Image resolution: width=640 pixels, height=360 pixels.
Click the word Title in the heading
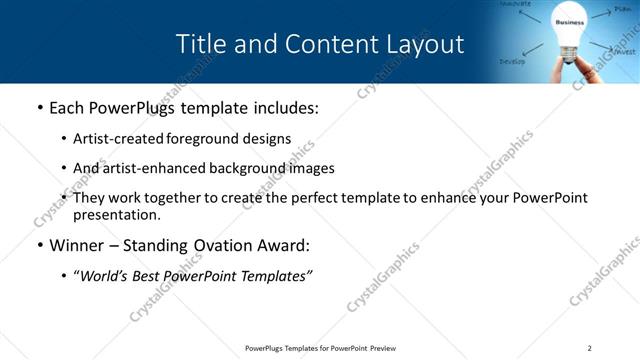tap(200, 45)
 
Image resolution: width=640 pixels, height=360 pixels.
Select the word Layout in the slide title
tap(427, 45)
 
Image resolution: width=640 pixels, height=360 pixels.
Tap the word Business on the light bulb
tap(569, 21)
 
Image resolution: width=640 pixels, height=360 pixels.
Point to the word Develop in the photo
tap(513, 61)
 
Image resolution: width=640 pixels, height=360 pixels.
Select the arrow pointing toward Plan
tap(600, 14)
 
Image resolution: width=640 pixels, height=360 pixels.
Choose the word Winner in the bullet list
tap(77, 245)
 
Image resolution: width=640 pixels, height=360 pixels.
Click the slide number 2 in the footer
tap(590, 348)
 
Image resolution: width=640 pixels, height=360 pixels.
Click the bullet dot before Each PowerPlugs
tap(39, 107)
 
